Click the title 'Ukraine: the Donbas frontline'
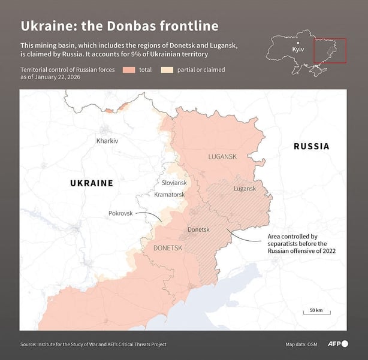pos(119,26)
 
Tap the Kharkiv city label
pos(107,141)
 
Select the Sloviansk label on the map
pos(174,183)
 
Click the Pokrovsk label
pos(120,213)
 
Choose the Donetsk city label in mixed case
pos(198,229)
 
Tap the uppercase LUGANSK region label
pos(222,156)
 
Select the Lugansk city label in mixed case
pos(245,188)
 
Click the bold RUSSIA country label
pos(311,146)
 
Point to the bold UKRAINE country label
pos(92,183)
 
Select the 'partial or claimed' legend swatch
pos(167,70)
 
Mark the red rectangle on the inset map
pos(330,50)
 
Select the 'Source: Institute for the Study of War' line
pos(93,344)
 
